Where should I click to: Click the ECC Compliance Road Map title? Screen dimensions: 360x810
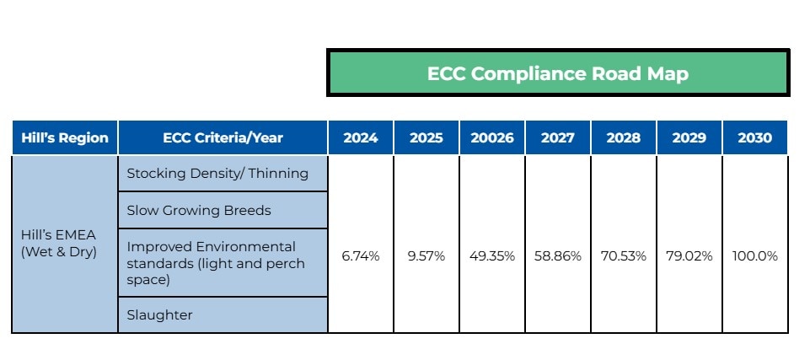coord(557,73)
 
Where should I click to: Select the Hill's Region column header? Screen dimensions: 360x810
coord(65,138)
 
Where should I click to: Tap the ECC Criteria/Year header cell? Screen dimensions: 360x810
coord(223,138)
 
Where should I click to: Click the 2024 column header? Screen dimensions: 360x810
coord(361,138)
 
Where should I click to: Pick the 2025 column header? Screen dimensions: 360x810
coord(426,138)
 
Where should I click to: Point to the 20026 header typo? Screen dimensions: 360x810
coord(492,138)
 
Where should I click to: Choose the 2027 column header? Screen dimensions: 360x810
coord(558,138)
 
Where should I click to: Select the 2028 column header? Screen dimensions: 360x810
coord(624,138)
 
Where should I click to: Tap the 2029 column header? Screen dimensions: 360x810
coord(689,138)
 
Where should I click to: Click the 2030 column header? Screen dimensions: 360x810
coord(754,138)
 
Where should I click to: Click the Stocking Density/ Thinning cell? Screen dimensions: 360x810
coord(217,174)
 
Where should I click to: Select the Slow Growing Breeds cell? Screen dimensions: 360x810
coord(199,210)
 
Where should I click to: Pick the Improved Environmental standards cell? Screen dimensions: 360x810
coord(216,262)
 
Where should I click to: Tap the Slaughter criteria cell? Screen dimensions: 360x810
coord(159,315)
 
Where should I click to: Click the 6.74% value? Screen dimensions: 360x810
coord(361,256)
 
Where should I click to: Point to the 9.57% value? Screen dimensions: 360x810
coord(426,256)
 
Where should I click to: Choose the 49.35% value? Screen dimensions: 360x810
coord(492,256)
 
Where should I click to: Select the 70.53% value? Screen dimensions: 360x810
coord(624,256)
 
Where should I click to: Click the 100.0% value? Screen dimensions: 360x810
coord(754,256)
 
